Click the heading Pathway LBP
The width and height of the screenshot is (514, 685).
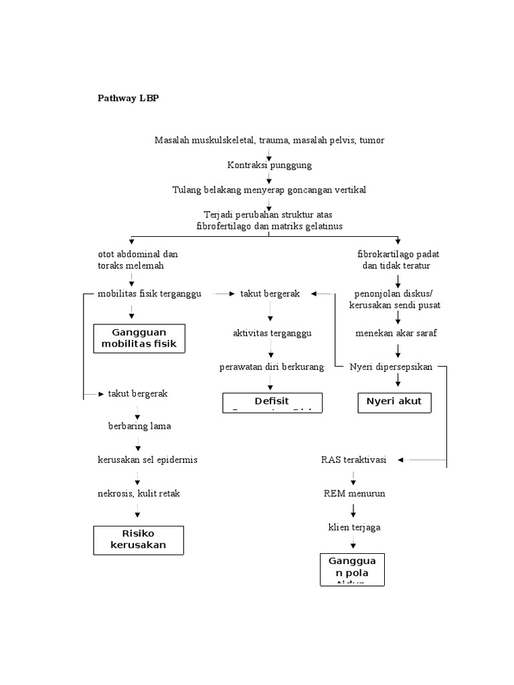pyautogui.click(x=128, y=98)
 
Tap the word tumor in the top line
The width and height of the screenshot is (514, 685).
pyautogui.click(x=371, y=140)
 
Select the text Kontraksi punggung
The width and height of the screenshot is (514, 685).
pyautogui.click(x=269, y=165)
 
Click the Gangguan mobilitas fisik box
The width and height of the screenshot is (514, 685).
pyautogui.click(x=139, y=338)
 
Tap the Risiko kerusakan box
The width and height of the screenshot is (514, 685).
pyautogui.click(x=139, y=539)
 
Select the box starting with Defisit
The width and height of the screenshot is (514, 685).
pyautogui.click(x=272, y=403)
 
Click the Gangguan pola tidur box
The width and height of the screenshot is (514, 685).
pyautogui.click(x=353, y=569)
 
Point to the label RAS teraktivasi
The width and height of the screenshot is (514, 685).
pyautogui.click(x=353, y=460)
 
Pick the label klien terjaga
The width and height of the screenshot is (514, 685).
pyautogui.click(x=353, y=527)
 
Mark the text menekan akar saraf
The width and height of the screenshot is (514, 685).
pyautogui.click(x=396, y=333)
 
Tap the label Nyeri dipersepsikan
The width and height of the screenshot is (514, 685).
pyautogui.click(x=391, y=367)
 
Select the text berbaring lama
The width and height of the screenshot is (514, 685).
pyautogui.click(x=140, y=426)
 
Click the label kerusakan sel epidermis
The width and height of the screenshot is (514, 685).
pyautogui.click(x=147, y=460)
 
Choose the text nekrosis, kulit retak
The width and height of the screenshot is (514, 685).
pyautogui.click(x=139, y=494)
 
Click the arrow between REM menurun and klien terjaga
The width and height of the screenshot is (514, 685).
pyautogui.click(x=353, y=510)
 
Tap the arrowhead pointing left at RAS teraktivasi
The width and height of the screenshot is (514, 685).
pyautogui.click(x=410, y=460)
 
